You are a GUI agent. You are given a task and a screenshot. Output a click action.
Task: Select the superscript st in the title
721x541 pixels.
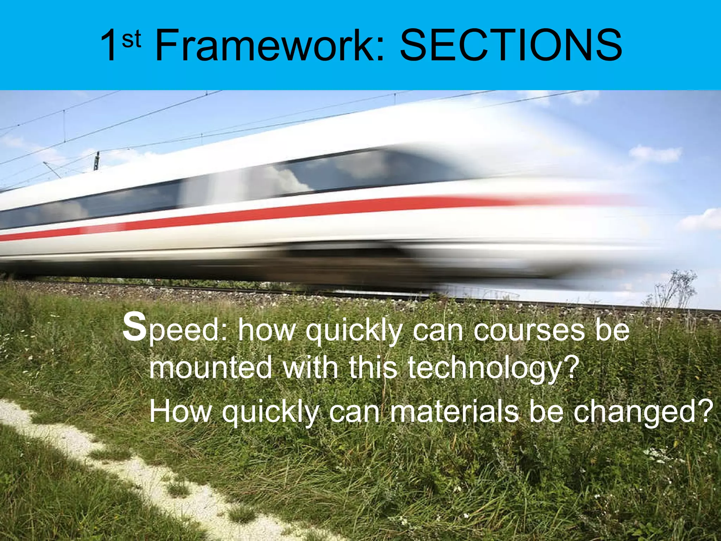click(132, 39)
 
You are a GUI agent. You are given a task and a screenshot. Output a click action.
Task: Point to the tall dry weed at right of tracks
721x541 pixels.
click(676, 289)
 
